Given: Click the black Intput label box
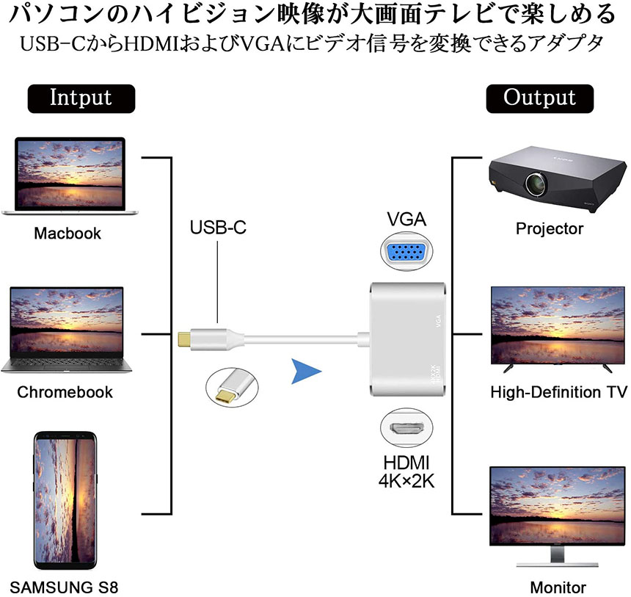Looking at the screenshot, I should pos(81,98).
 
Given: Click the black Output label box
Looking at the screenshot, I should pos(539,98).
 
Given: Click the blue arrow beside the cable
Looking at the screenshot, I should pos(306,372).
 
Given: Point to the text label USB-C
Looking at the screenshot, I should pos(218,227).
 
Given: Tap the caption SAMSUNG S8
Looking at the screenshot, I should pos(65,587).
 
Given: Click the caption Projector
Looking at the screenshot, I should pos(550,228).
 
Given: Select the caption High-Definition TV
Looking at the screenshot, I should pos(558,391).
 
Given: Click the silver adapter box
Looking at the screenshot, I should pos(407,341).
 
